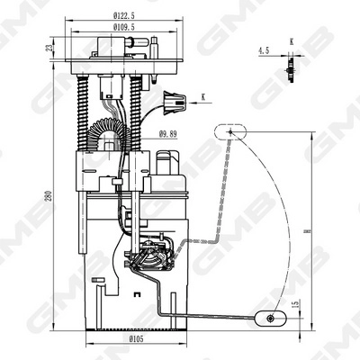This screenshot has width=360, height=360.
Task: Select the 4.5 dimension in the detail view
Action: [x=263, y=50]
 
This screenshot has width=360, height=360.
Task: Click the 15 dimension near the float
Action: [x=297, y=307]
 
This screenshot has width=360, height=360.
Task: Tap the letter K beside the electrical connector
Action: [x=203, y=95]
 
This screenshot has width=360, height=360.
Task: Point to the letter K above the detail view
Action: [x=291, y=41]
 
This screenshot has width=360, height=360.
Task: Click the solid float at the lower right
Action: [x=269, y=317]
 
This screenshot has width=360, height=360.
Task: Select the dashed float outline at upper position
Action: [x=230, y=131]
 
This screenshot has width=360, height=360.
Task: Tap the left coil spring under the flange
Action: [x=86, y=112]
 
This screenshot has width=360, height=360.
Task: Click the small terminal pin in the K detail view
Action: [x=290, y=66]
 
